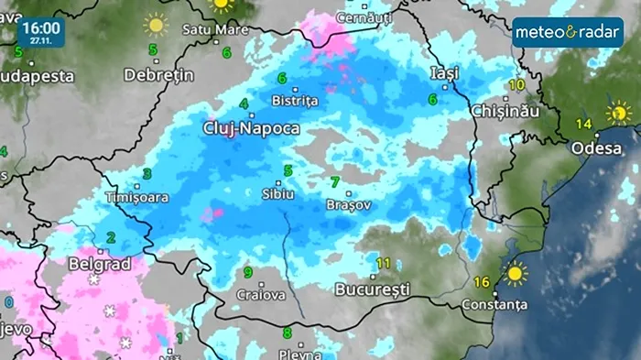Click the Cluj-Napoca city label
(250, 129)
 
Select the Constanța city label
(495, 303)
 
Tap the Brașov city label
(348, 205)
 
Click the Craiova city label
(255, 295)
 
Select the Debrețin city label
(159, 74)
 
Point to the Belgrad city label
(100, 264)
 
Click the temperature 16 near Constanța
(483, 281)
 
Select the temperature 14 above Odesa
(583, 124)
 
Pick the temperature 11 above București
(383, 264)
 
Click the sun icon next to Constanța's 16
(515, 273)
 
